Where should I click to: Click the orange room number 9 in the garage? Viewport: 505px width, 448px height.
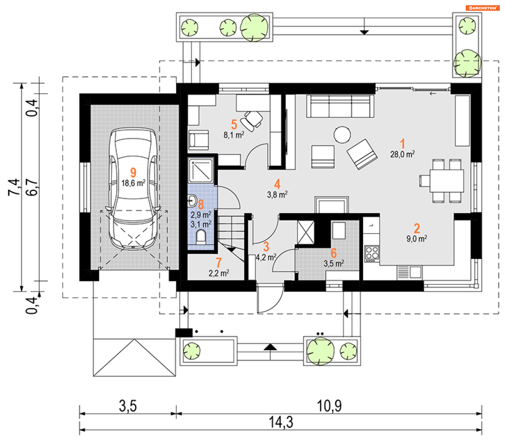pyautogui.click(x=133, y=173)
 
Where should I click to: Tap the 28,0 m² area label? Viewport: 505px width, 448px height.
pyautogui.click(x=402, y=154)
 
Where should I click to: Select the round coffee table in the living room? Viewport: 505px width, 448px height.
pyautogui.click(x=342, y=135)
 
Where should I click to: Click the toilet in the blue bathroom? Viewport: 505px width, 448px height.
pyautogui.click(x=201, y=237)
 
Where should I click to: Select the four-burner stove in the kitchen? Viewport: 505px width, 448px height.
pyautogui.click(x=372, y=254)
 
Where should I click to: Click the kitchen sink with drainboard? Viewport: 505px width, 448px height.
pyautogui.click(x=409, y=272)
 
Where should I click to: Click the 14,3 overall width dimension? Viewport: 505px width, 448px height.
pyautogui.click(x=281, y=422)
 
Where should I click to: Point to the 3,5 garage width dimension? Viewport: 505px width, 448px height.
pyautogui.click(x=128, y=406)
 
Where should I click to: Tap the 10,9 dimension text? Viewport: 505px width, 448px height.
pyautogui.click(x=329, y=406)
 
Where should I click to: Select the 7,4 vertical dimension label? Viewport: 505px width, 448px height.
pyautogui.click(x=14, y=187)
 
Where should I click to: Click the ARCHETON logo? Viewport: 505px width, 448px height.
pyautogui.click(x=483, y=8)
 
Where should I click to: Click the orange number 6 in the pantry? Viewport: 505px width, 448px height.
pyautogui.click(x=334, y=253)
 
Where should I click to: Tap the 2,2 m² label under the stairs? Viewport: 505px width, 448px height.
pyautogui.click(x=219, y=273)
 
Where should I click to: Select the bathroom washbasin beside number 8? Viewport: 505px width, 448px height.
pyautogui.click(x=192, y=201)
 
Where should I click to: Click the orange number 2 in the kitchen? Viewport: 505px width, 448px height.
pyautogui.click(x=417, y=228)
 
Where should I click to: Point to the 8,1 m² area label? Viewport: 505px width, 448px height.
pyautogui.click(x=234, y=135)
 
